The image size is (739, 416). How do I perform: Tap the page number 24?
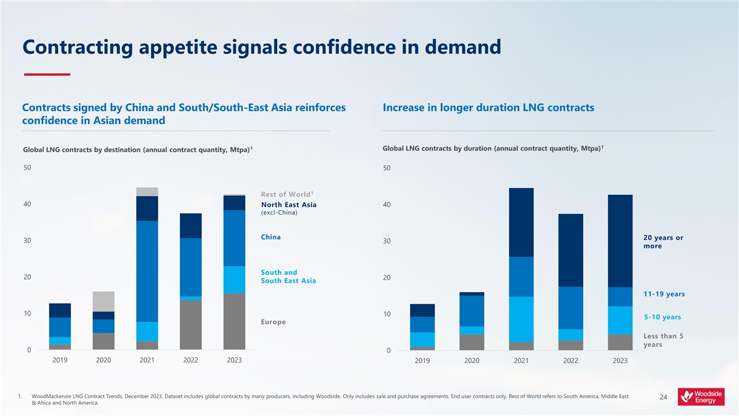pyautogui.click(x=663, y=398)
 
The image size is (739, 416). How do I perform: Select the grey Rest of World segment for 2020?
pyautogui.click(x=103, y=301)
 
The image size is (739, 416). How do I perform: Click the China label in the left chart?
pyautogui.click(x=271, y=237)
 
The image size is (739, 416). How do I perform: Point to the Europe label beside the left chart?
pyautogui.click(x=273, y=322)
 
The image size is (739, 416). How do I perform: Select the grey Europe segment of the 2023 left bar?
pyautogui.click(x=235, y=322)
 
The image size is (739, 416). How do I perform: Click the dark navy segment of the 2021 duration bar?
pyautogui.click(x=521, y=222)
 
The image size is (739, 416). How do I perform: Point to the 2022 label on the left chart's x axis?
pyautogui.click(x=190, y=361)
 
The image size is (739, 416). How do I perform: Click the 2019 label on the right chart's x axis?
pyautogui.click(x=422, y=361)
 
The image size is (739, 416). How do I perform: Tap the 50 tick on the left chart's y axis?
pyautogui.click(x=27, y=168)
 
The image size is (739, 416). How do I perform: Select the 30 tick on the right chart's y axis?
pyautogui.click(x=387, y=241)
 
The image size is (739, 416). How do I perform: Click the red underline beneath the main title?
pyautogui.click(x=47, y=75)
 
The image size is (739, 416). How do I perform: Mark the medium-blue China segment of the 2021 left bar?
pyautogui.click(x=147, y=271)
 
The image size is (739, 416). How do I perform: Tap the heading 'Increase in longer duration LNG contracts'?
pyautogui.click(x=488, y=108)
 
